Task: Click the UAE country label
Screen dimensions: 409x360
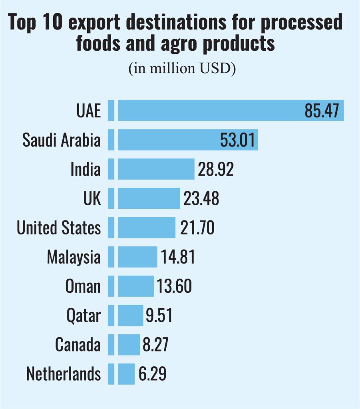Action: click(89, 111)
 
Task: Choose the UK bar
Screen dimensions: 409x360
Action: click(149, 198)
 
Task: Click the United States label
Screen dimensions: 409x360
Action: click(59, 227)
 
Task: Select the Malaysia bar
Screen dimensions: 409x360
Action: click(137, 256)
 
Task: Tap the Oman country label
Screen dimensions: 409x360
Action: click(83, 286)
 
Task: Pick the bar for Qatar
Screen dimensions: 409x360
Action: click(130, 315)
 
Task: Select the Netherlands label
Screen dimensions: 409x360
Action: click(64, 374)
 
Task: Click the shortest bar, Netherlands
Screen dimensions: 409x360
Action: click(126, 374)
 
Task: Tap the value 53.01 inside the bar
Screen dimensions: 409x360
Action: click(237, 140)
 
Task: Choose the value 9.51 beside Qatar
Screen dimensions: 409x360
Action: click(159, 315)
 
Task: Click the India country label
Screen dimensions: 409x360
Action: click(85, 169)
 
